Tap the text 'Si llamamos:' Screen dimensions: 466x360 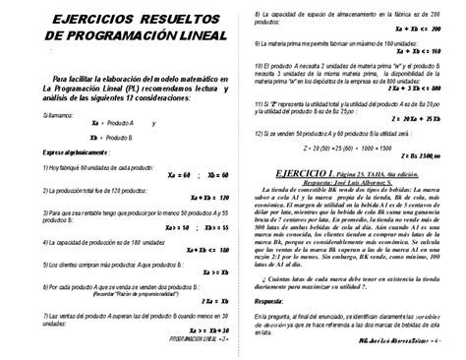(x=58, y=113)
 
